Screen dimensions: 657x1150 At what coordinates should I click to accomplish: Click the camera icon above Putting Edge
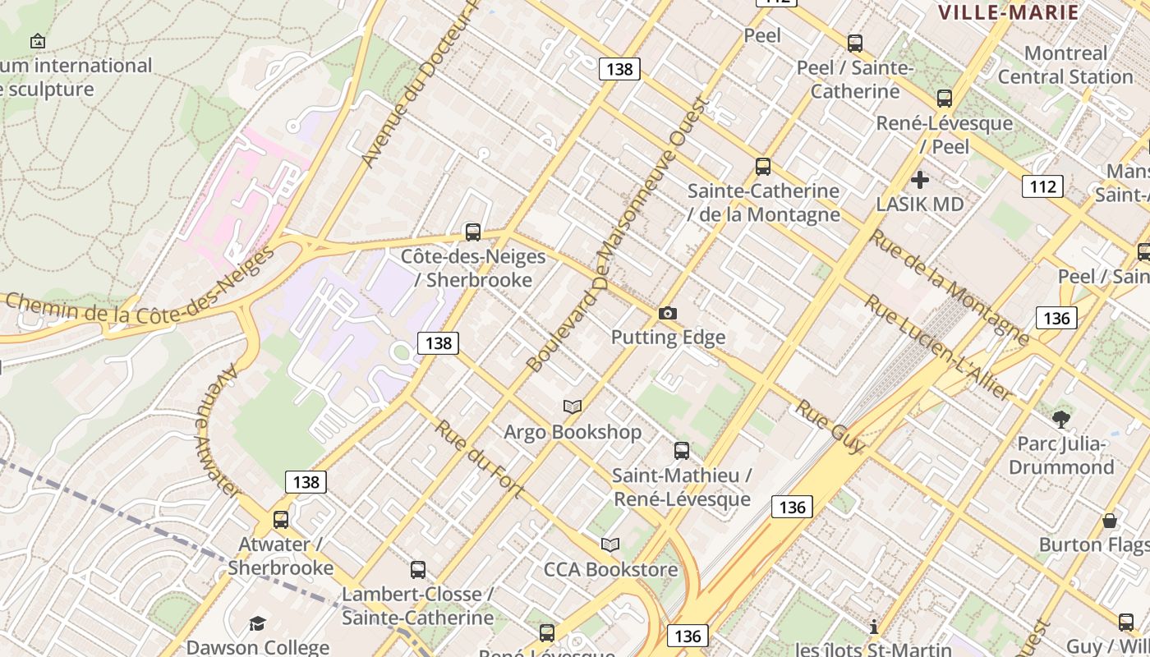668,314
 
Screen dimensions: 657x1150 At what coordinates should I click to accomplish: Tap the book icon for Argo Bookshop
573,407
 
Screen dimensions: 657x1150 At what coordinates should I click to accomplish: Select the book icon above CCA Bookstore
609,544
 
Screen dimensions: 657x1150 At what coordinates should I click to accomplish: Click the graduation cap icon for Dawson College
258,623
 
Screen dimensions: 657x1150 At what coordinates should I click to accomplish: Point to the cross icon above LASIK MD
920,179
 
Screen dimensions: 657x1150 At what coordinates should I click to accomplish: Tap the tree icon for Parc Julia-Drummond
1061,420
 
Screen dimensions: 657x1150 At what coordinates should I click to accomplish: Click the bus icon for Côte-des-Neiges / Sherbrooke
473,232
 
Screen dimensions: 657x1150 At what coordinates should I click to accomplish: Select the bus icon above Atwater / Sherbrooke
281,520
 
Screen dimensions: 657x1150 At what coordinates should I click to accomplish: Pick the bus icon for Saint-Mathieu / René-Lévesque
682,451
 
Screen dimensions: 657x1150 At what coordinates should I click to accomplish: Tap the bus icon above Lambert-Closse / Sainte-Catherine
418,570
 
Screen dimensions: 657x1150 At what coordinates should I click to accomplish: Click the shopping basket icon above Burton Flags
1110,521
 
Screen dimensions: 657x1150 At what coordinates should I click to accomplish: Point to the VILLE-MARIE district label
1009,12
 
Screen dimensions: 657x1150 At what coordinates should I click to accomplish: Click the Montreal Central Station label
1065,65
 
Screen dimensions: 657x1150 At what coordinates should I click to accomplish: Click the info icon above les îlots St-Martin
874,627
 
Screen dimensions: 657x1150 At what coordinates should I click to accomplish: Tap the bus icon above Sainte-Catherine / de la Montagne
763,168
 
